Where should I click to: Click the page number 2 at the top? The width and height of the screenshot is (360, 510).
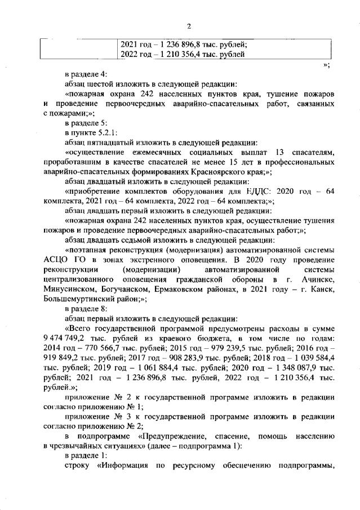pos(189,26)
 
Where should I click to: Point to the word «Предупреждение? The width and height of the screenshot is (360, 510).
pos(171,437)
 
